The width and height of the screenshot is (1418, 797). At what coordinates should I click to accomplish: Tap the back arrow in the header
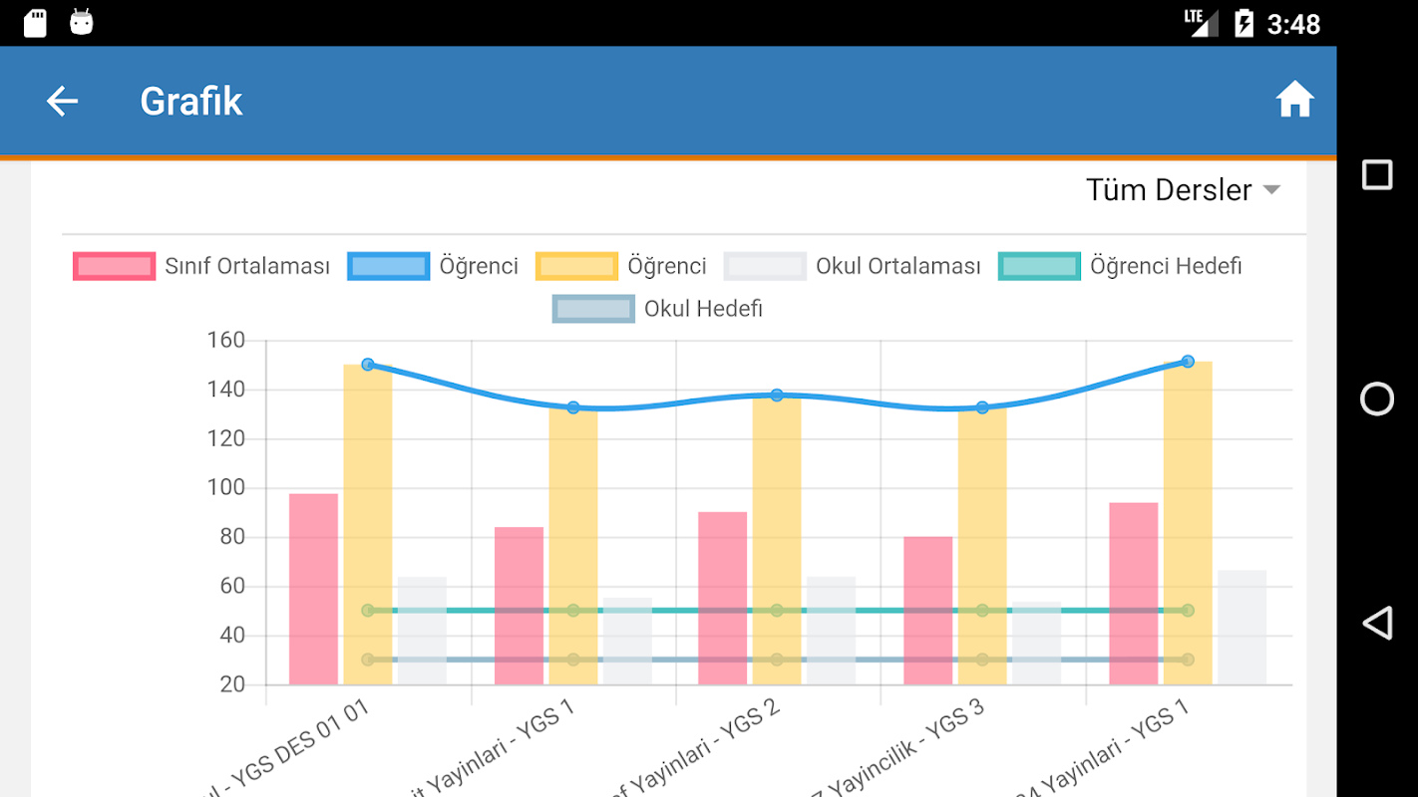pyautogui.click(x=62, y=101)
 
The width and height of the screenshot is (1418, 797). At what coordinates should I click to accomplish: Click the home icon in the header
pyautogui.click(x=1294, y=101)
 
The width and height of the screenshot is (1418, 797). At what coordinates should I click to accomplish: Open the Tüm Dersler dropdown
pyautogui.click(x=1183, y=190)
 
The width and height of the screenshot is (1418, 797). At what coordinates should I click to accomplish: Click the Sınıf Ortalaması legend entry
pyautogui.click(x=202, y=266)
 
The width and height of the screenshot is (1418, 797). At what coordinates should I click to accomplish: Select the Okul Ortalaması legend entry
pyautogui.click(x=854, y=266)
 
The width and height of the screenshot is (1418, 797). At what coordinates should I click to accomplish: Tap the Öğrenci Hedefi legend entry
pyautogui.click(x=1121, y=266)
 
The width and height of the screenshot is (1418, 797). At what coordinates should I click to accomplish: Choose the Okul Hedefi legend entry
pyautogui.click(x=658, y=309)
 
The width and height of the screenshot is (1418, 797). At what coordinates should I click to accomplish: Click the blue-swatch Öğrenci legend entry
pyautogui.click(x=434, y=266)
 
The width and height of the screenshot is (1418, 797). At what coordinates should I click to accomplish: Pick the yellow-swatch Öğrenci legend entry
pyautogui.click(x=621, y=266)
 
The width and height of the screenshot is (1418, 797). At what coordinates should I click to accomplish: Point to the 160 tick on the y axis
pyautogui.click(x=225, y=341)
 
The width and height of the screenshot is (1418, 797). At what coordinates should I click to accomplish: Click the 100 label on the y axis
pyautogui.click(x=225, y=488)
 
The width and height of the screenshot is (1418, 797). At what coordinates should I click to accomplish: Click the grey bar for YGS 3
pyautogui.click(x=1036, y=643)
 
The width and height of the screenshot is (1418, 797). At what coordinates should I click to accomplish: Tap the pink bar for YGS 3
pyautogui.click(x=927, y=610)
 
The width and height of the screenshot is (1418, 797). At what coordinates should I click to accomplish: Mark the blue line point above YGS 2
pyautogui.click(x=777, y=396)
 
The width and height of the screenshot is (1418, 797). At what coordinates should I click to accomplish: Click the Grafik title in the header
pyautogui.click(x=190, y=102)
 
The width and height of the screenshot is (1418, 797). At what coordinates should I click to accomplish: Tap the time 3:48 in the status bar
pyautogui.click(x=1293, y=24)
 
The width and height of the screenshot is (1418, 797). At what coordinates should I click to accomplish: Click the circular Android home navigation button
pyautogui.click(x=1377, y=398)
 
